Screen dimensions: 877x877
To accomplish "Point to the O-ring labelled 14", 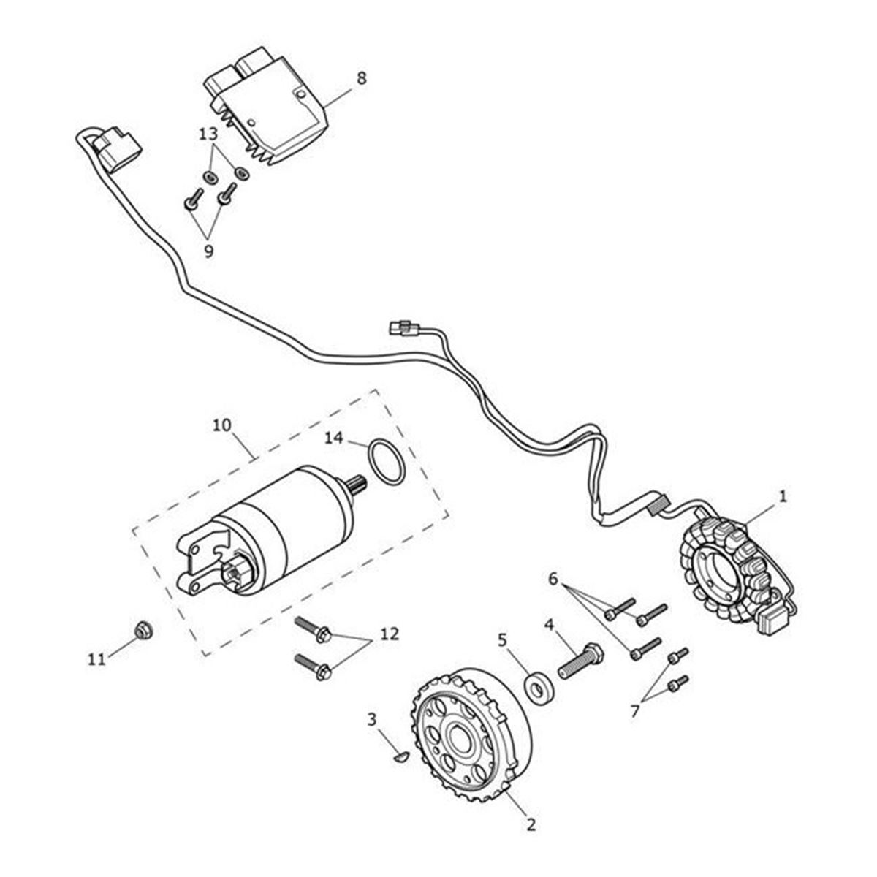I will [385, 463].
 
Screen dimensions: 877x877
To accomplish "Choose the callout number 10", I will [221, 425].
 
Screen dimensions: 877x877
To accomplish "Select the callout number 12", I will [389, 634].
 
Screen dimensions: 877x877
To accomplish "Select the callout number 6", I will [554, 579].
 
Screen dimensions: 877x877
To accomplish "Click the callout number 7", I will [634, 709].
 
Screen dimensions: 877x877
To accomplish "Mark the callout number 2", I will [531, 825].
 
